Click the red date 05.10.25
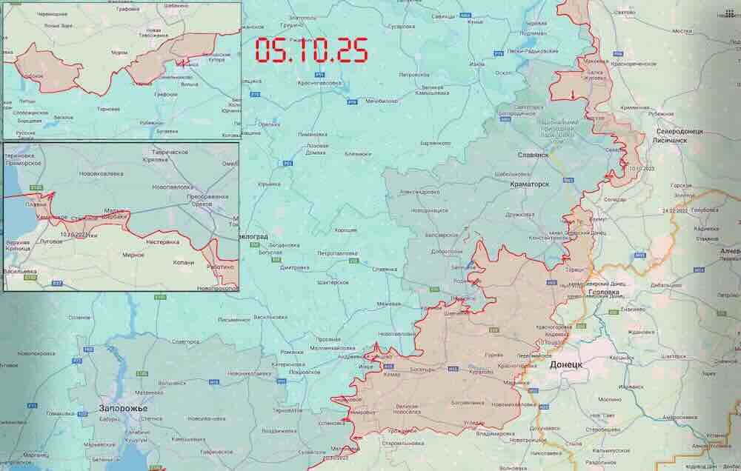pyautogui.click(x=311, y=50)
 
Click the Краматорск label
pyautogui.click(x=530, y=184)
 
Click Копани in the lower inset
pyautogui.click(x=182, y=262)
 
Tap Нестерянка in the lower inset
pyautogui.click(x=163, y=241)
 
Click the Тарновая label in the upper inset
pyautogui.click(x=108, y=109)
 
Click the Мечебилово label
pyautogui.click(x=382, y=101)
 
